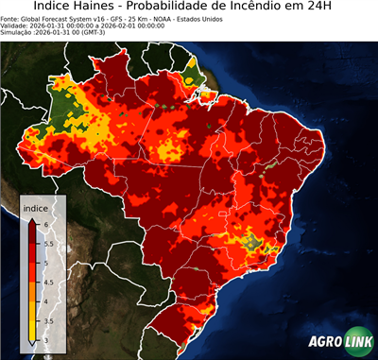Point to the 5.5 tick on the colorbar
(x=48, y=243)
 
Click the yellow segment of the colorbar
(x=31, y=317)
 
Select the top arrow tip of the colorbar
(x=31, y=219)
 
